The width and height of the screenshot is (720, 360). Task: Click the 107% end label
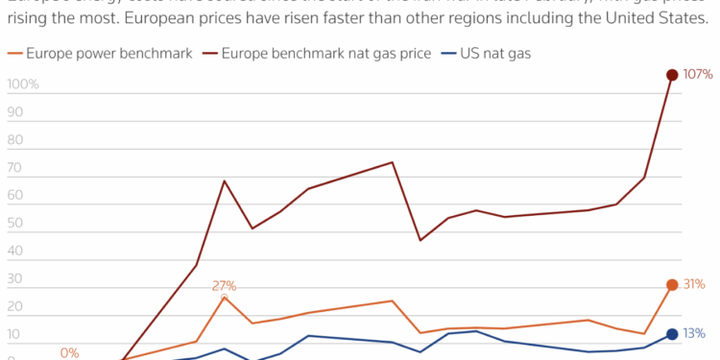(698, 75)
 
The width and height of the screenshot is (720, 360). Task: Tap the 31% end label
(695, 284)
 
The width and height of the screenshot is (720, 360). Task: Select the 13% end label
(695, 334)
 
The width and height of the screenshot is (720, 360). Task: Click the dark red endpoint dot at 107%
(672, 75)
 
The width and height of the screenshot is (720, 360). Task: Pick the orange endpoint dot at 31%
(672, 284)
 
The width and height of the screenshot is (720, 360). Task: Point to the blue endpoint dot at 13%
(672, 334)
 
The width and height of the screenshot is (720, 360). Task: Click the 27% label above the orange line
(224, 285)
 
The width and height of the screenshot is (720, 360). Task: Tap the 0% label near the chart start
(69, 352)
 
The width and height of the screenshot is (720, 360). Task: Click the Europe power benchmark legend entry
(107, 54)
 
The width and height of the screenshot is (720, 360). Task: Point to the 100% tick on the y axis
(23, 84)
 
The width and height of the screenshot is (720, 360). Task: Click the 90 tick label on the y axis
(15, 112)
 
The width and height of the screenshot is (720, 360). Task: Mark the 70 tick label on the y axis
(15, 168)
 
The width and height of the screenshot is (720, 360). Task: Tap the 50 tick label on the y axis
(15, 224)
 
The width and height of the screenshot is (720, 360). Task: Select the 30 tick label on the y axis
(15, 279)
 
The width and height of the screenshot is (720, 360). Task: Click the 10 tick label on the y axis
(14, 335)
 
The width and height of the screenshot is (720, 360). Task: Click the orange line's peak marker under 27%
(225, 297)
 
